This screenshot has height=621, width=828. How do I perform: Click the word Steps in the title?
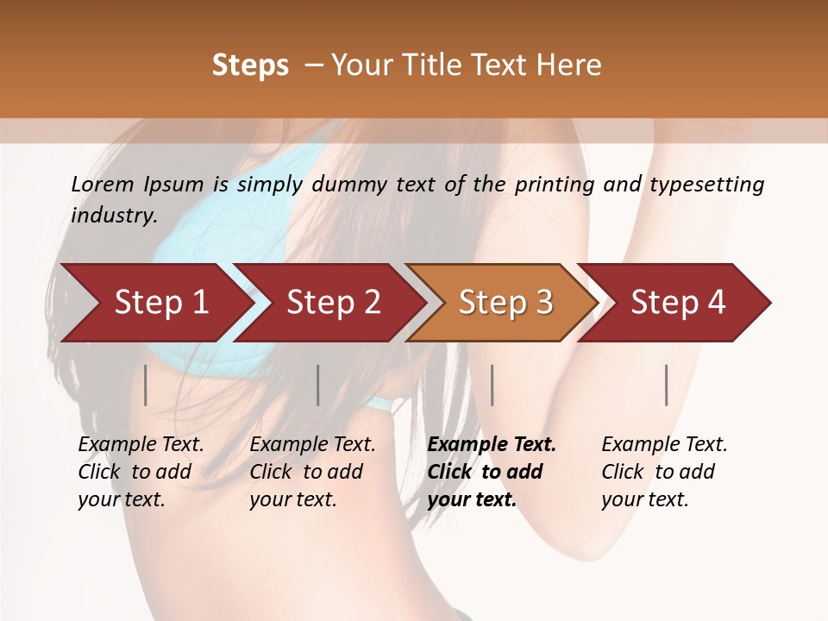point(250,66)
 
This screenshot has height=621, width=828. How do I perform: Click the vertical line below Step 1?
point(146,385)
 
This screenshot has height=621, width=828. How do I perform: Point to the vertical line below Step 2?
point(318,385)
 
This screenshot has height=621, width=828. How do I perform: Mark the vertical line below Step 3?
point(492,385)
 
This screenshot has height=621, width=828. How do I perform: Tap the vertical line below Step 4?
point(667,385)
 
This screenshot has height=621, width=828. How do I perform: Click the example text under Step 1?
point(138,472)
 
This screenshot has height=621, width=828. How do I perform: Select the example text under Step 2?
point(310,472)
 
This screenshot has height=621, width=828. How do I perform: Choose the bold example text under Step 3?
point(489,472)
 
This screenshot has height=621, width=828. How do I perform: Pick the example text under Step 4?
point(662,472)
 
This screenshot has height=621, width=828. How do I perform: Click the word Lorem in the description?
point(103,185)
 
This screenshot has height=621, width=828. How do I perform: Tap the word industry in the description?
point(114,216)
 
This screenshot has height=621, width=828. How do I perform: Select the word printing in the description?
point(552,185)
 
